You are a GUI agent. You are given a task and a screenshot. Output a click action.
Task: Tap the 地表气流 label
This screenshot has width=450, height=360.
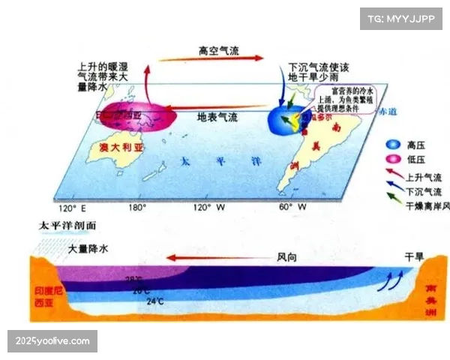(217, 117)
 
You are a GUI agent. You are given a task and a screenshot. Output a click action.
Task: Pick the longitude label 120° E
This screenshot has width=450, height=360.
(70, 207)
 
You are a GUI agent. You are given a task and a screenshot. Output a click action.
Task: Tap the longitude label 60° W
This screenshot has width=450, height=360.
(292, 207)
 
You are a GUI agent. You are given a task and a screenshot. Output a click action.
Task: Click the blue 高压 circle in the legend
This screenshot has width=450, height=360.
(391, 143)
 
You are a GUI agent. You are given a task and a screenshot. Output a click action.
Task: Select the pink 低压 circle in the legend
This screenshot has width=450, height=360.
(391, 158)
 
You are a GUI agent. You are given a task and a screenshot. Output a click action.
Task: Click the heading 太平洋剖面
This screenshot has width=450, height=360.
(68, 225)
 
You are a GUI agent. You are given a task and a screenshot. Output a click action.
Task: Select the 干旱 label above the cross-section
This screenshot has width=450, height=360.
(414, 256)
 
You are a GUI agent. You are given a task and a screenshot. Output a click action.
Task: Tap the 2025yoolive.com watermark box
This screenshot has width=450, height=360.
(52, 341)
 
